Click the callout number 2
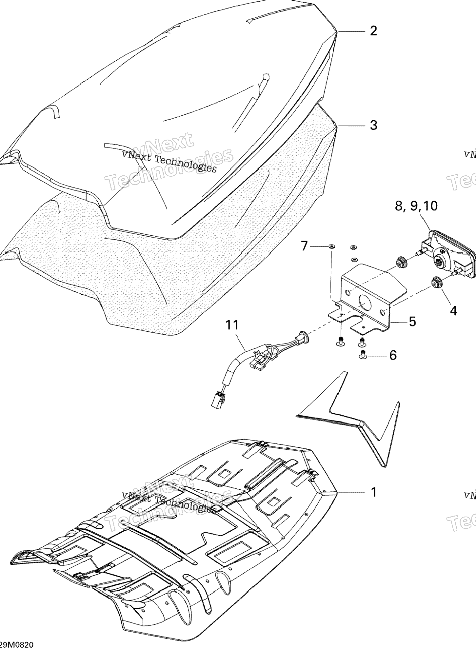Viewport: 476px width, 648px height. click(x=373, y=31)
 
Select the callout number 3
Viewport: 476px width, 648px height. click(x=373, y=125)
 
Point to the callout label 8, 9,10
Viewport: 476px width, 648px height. click(x=416, y=206)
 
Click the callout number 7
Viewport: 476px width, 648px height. click(x=304, y=245)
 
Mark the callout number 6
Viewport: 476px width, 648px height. click(x=393, y=355)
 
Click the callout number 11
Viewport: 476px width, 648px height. click(x=232, y=325)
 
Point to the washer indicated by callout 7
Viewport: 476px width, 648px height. click(x=331, y=246)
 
